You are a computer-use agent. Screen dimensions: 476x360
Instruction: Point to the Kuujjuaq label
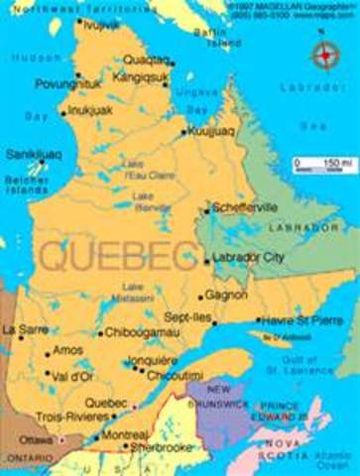tap(213, 131)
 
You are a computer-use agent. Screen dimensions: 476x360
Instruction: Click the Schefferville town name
tap(248, 209)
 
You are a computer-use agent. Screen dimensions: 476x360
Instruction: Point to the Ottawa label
tap(37, 437)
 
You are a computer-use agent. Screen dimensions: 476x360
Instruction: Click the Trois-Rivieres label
tap(69, 416)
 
